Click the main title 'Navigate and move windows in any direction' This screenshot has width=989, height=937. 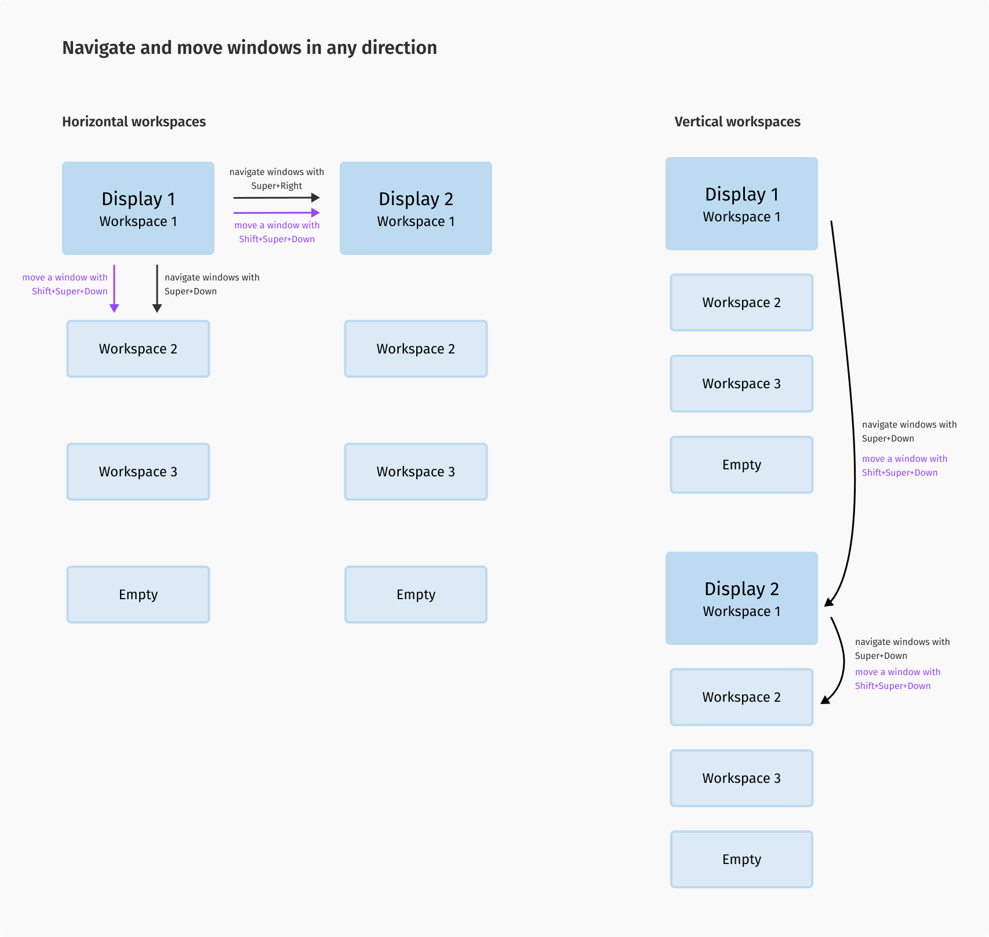pyautogui.click(x=249, y=48)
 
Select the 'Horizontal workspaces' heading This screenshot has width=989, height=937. pyautogui.click(x=134, y=122)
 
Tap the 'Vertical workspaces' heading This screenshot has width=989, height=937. pyautogui.click(x=737, y=122)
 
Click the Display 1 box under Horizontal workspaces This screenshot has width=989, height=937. pyautogui.click(x=138, y=208)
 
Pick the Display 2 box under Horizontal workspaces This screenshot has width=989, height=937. pyautogui.click(x=416, y=208)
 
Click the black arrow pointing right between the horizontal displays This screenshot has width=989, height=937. pyautogui.click(x=277, y=198)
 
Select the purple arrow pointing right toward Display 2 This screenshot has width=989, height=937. pyautogui.click(x=277, y=213)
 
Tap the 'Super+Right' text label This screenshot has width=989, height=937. pyautogui.click(x=277, y=186)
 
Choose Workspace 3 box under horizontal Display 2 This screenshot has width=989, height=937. pyautogui.click(x=416, y=472)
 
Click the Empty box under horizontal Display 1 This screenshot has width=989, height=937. pyautogui.click(x=138, y=595)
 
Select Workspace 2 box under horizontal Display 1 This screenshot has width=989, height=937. pyautogui.click(x=138, y=349)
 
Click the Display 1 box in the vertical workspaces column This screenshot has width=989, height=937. pyautogui.click(x=741, y=203)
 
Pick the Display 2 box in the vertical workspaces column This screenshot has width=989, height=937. pyautogui.click(x=741, y=598)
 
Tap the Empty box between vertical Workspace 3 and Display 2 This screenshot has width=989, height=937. pyautogui.click(x=741, y=465)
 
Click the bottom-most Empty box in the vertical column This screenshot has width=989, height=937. pyautogui.click(x=741, y=859)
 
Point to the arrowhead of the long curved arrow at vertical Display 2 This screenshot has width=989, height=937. pyautogui.click(x=829, y=602)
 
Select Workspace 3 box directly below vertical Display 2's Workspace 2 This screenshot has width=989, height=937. pyautogui.click(x=741, y=778)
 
